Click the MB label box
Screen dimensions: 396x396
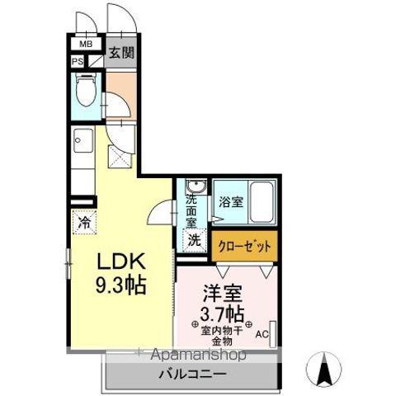pyautogui.click(x=85, y=45)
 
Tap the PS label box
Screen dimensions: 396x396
pyautogui.click(x=78, y=61)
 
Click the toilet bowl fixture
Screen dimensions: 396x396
pyautogui.click(x=85, y=91)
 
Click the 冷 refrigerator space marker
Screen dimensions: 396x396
pyautogui.click(x=83, y=221)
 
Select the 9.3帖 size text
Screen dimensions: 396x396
pyautogui.click(x=121, y=288)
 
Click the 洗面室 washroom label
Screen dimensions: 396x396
pyautogui.click(x=191, y=210)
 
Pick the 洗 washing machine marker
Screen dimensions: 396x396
pyautogui.click(x=193, y=240)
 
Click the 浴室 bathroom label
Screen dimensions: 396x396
pyautogui.click(x=230, y=199)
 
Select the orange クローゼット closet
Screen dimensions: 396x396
pyautogui.click(x=243, y=244)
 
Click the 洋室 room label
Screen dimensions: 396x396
pyautogui.click(x=219, y=292)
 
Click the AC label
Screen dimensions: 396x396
pyautogui.click(x=261, y=335)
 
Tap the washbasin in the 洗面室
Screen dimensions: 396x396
pyautogui.click(x=195, y=186)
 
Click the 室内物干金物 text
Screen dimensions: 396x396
pyautogui.click(x=220, y=335)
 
